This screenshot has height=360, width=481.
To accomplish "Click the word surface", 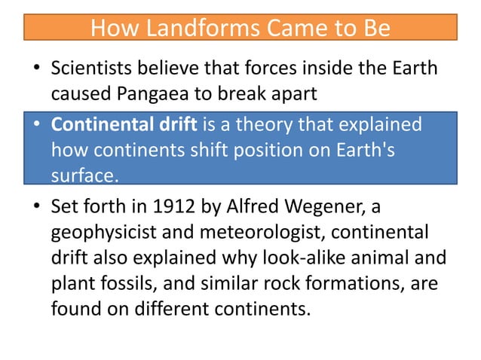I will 84,175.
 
